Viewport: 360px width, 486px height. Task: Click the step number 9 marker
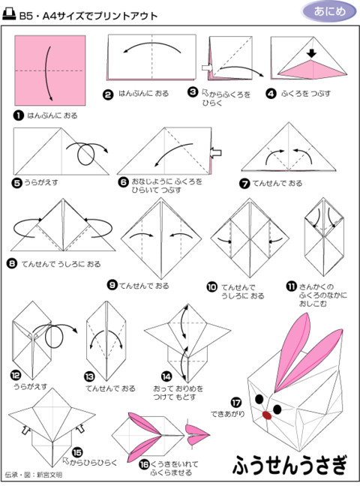(112, 285)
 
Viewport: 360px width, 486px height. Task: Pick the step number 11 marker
(292, 286)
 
